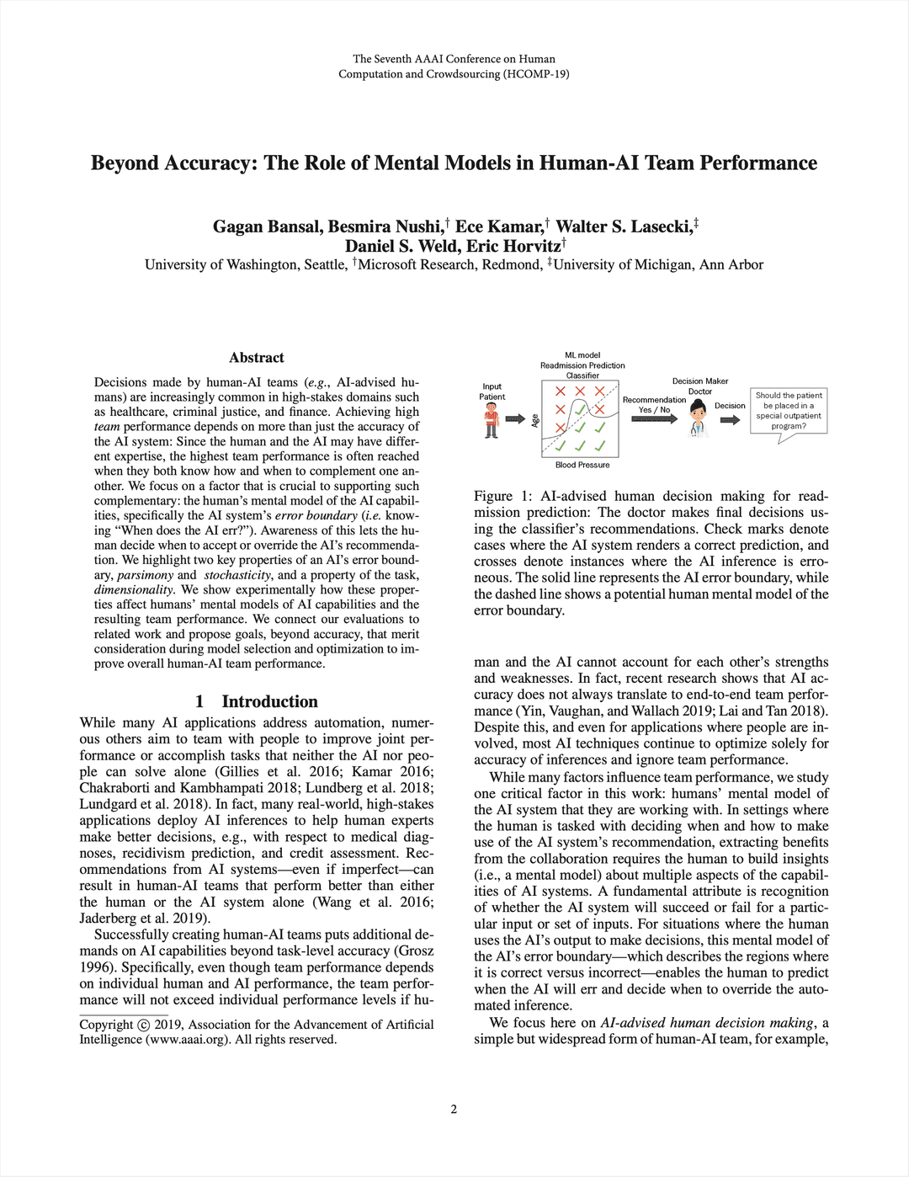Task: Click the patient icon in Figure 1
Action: (492, 419)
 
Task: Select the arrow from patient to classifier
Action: (516, 418)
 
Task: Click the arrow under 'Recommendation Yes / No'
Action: (654, 419)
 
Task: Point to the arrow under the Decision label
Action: (730, 420)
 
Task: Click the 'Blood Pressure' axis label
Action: (582, 465)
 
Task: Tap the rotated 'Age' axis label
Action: (534, 420)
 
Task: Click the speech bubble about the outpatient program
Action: (789, 411)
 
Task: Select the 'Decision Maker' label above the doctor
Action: (699, 381)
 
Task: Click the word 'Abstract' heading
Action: (257, 358)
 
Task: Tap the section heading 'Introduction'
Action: (269, 701)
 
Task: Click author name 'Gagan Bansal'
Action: (266, 226)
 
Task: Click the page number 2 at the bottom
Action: (454, 1109)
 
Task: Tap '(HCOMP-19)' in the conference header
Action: (536, 74)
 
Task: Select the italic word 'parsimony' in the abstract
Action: (145, 575)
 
